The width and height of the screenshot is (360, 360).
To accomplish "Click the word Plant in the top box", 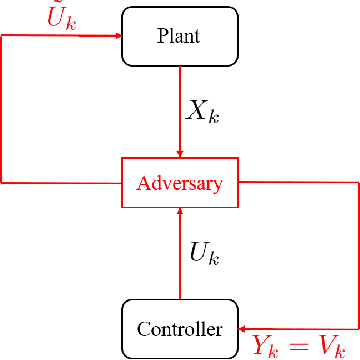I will click(x=179, y=36).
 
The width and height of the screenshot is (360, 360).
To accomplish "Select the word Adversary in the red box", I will click(x=179, y=184).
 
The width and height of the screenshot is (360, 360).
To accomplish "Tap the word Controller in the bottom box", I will click(x=179, y=328).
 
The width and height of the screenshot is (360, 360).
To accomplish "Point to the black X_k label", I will click(x=203, y=112).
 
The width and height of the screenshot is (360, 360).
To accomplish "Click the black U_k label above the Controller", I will click(x=205, y=253).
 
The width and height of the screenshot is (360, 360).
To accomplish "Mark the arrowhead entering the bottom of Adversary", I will click(x=180, y=212).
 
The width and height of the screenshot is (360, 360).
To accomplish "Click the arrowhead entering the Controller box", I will click(x=244, y=327).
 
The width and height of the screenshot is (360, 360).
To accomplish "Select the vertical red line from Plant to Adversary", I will click(x=180, y=110).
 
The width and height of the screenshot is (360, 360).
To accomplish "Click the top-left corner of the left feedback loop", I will click(x=2, y=35).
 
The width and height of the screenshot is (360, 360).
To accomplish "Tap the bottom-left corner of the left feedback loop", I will click(x=2, y=183).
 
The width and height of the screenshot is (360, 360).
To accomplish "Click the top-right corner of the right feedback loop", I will click(x=357, y=183).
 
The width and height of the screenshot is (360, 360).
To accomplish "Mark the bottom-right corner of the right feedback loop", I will click(x=357, y=327).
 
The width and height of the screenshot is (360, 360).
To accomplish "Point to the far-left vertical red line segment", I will click(x=2, y=110).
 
